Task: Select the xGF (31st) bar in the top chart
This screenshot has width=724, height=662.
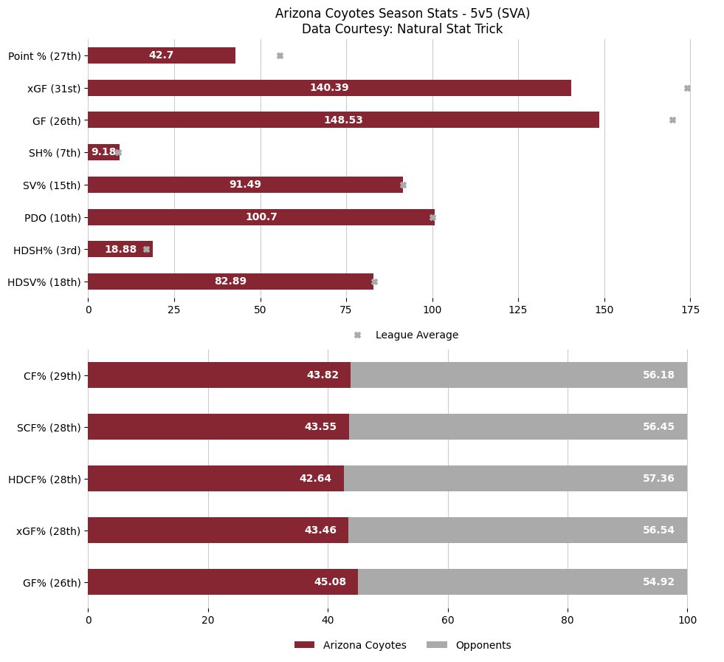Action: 329,88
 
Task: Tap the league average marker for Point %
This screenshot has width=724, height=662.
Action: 280,55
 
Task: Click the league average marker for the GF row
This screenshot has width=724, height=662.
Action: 672,120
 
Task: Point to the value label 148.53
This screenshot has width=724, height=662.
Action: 343,120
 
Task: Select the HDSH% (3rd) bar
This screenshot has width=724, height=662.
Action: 120,249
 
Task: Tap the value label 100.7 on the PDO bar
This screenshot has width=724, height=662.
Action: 261,216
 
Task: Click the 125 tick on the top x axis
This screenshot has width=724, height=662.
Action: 518,309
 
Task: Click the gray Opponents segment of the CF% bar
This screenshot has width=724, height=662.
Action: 519,375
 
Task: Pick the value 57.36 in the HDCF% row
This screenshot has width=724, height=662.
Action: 658,478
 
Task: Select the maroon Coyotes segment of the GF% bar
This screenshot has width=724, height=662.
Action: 222,581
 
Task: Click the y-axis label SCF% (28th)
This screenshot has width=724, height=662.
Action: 49,426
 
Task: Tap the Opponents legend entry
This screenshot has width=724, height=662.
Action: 483,645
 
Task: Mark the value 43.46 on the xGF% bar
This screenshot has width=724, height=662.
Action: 320,530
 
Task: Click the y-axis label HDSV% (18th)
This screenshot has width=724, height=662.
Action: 44,281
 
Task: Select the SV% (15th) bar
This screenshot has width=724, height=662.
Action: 245,185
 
